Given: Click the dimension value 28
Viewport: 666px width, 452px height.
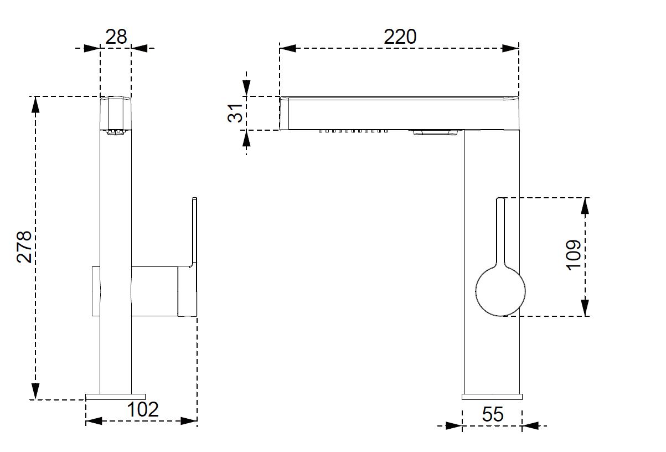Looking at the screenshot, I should click(x=116, y=37).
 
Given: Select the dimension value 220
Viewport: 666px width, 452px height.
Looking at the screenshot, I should click(x=400, y=37).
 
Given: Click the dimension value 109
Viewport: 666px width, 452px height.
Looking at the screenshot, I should click(x=574, y=255).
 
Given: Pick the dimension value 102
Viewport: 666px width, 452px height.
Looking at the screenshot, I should click(x=143, y=410).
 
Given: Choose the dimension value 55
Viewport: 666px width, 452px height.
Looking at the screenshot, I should click(x=492, y=414).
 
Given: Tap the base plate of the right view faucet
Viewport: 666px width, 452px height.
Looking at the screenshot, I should click(x=492, y=396).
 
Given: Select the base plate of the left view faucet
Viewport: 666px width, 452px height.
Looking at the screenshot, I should click(x=116, y=396).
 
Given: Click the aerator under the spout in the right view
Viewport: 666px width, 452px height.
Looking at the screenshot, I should click(x=435, y=132).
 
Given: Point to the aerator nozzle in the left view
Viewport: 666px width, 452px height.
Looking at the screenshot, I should click(x=115, y=132).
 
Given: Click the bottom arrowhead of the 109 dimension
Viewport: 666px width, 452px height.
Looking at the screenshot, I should click(x=585, y=308).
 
